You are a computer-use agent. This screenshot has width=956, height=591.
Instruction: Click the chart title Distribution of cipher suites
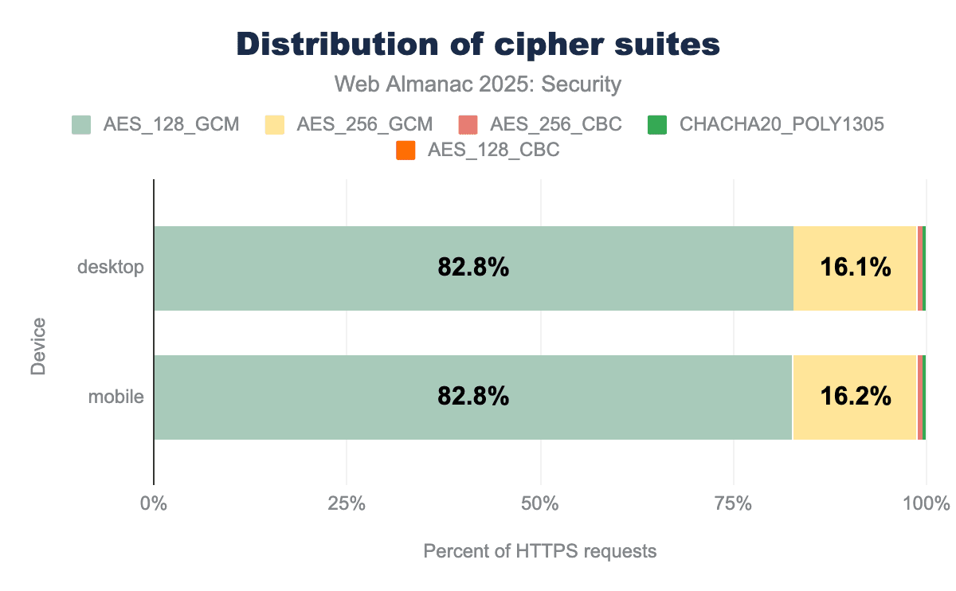(x=478, y=45)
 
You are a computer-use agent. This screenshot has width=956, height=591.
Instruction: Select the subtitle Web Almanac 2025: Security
(x=478, y=84)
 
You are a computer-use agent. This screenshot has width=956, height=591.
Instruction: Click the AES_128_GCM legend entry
(x=155, y=124)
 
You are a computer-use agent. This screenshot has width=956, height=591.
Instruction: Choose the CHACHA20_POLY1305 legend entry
(x=765, y=124)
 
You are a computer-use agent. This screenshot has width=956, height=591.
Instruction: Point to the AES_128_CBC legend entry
(x=478, y=149)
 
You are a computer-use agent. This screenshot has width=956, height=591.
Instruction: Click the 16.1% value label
(x=855, y=268)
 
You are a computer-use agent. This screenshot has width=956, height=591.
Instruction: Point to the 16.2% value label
(x=855, y=397)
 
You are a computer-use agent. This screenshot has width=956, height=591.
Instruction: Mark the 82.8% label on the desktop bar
(x=473, y=268)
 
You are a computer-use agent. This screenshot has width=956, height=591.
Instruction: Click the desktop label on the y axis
(x=111, y=267)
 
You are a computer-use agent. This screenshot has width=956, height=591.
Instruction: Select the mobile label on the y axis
(x=116, y=396)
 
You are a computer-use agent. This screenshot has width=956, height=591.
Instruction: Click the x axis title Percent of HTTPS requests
(x=540, y=551)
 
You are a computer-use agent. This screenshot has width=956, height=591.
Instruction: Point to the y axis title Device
(x=38, y=346)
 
